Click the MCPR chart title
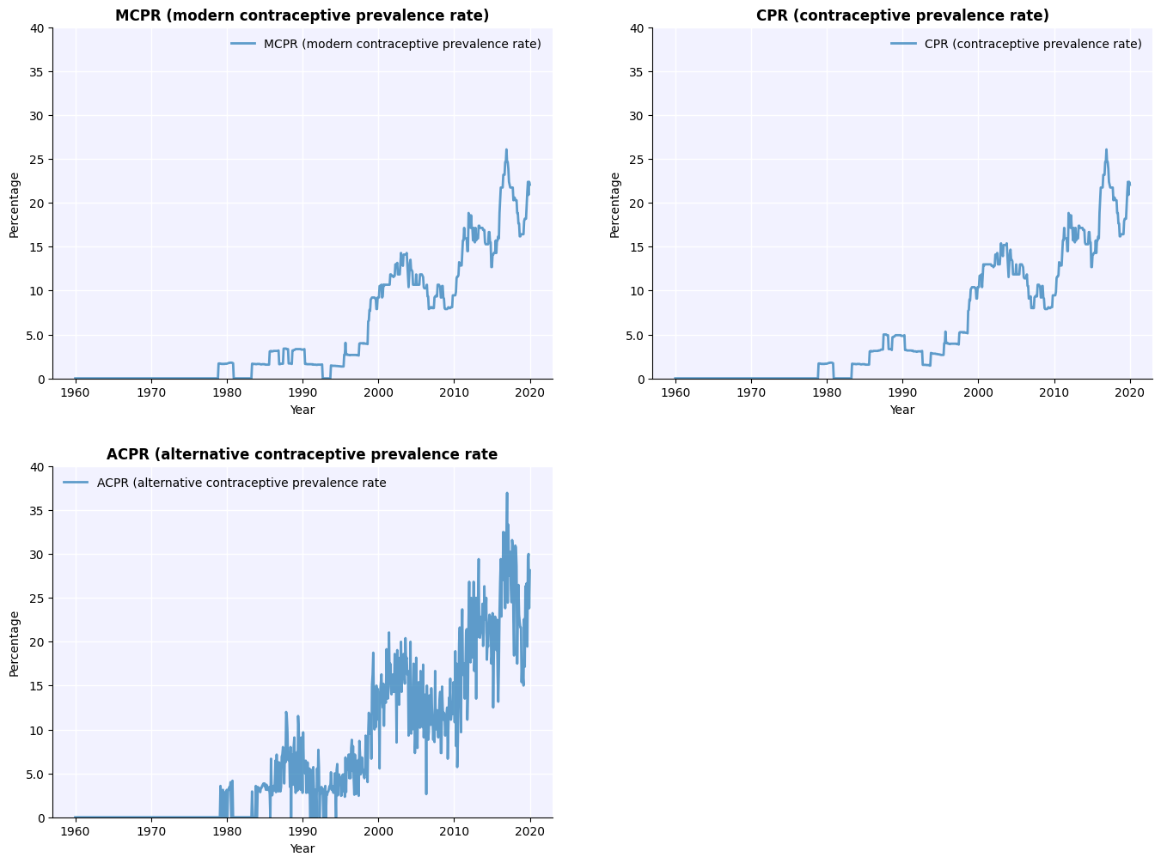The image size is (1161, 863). (302, 15)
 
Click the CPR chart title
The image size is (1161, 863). (901, 15)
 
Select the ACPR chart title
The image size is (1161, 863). (302, 454)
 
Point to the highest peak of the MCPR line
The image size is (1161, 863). (506, 150)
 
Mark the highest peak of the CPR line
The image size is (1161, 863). (1106, 150)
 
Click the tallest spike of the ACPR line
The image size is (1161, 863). (507, 494)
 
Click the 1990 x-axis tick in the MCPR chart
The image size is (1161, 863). (302, 392)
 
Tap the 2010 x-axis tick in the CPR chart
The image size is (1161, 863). (1054, 392)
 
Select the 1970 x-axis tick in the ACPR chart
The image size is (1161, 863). (151, 831)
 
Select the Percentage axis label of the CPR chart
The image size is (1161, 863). (614, 204)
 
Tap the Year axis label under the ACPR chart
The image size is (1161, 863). (302, 848)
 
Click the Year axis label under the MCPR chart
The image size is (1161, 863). (302, 410)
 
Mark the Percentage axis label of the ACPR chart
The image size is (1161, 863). (15, 643)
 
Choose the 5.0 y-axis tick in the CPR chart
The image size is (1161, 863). (635, 335)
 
